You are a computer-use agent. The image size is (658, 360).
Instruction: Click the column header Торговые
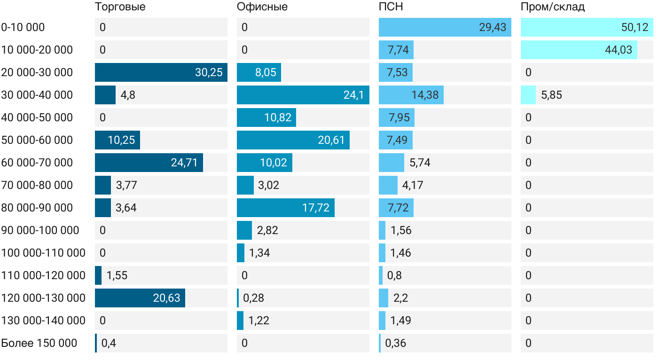(x=120, y=7)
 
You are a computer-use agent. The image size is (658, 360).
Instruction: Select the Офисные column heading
(x=262, y=7)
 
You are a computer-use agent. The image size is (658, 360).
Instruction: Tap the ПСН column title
(x=391, y=7)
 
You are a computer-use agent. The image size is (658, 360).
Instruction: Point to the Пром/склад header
(x=553, y=7)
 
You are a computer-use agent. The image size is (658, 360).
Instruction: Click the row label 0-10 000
(x=23, y=27)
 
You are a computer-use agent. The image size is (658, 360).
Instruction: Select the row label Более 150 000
(x=39, y=343)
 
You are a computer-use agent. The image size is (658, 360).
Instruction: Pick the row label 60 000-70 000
(x=37, y=163)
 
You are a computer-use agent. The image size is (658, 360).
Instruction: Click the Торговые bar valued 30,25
(x=161, y=72)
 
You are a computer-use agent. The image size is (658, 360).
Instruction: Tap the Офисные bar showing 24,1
(x=303, y=95)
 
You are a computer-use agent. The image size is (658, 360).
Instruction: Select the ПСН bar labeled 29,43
(x=445, y=27)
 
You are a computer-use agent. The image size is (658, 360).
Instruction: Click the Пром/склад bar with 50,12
(x=587, y=27)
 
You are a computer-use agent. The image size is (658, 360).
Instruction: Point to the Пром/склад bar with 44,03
(x=579, y=50)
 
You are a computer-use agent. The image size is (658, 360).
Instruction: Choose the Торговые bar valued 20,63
(x=140, y=298)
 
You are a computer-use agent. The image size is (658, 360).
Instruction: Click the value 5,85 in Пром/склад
(x=551, y=95)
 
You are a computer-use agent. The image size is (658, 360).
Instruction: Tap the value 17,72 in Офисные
(x=316, y=208)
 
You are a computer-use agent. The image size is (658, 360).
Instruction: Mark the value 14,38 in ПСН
(x=425, y=95)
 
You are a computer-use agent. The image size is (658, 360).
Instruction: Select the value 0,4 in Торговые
(x=109, y=343)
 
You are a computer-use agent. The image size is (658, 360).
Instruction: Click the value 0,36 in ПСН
(x=395, y=343)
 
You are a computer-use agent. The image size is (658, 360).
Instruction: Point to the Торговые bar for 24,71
(x=149, y=163)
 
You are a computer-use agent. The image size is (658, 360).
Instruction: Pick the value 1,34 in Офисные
(x=259, y=253)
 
